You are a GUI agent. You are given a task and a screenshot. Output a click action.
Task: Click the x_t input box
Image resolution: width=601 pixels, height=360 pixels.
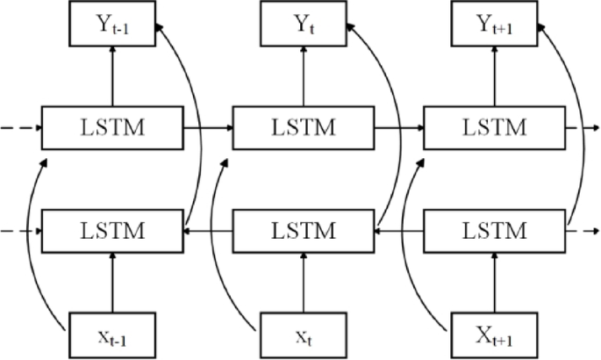(302, 334)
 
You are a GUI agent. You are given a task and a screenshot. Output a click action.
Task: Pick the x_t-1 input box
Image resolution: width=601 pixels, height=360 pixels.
(111, 334)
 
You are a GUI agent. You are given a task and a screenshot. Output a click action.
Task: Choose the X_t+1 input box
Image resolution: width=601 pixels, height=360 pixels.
(492, 334)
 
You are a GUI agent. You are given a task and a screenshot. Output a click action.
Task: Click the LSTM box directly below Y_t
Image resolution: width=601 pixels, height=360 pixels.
(302, 128)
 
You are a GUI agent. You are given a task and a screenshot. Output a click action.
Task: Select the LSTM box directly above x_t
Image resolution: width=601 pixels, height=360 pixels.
(302, 231)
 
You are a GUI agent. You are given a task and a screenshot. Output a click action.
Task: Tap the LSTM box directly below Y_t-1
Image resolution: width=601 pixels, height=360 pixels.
(111, 128)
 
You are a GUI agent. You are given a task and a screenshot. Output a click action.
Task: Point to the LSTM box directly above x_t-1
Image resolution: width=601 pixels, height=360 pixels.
(111, 231)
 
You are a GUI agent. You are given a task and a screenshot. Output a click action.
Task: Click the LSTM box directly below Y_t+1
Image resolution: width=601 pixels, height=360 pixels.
(492, 128)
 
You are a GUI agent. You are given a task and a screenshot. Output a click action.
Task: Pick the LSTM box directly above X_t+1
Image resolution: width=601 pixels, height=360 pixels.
(492, 231)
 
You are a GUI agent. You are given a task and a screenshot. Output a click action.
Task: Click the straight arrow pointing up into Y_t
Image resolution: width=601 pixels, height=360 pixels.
(302, 77)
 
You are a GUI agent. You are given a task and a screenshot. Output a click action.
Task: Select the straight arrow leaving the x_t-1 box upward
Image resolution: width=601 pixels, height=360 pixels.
(111, 281)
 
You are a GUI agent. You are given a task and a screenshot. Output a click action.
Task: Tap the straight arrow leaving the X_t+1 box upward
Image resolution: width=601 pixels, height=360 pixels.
(492, 281)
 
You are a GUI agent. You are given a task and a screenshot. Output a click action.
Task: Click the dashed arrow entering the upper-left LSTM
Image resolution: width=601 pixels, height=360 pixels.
(19, 128)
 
